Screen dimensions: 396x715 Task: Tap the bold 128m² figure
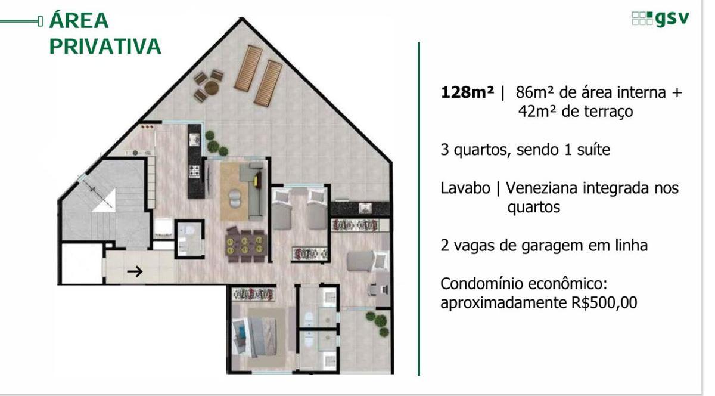tap(468, 93)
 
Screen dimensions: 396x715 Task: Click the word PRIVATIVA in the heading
tap(105, 47)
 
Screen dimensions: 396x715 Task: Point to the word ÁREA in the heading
tap(79, 20)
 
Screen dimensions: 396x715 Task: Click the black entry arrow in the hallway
tap(136, 272)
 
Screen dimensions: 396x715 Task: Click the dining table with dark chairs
tap(245, 244)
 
